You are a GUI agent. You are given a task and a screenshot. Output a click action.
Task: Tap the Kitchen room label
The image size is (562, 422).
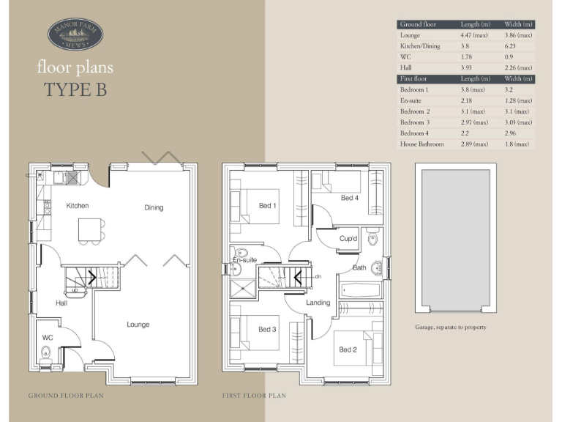click(78, 206)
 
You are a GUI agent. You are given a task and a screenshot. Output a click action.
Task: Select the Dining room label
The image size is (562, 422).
click(154, 207)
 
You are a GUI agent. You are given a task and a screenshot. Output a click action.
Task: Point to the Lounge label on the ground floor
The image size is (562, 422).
click(138, 325)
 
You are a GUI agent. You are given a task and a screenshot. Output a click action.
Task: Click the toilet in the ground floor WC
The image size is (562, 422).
click(45, 352)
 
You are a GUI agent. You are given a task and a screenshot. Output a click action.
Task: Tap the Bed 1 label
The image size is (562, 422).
click(268, 205)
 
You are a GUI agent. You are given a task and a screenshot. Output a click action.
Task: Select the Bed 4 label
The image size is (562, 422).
click(349, 199)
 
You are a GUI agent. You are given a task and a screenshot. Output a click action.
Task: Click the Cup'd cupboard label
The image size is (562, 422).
click(348, 239)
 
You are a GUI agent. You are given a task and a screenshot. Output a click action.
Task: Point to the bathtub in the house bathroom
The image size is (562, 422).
click(361, 290)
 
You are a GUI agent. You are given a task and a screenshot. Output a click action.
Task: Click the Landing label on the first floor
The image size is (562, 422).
click(318, 303)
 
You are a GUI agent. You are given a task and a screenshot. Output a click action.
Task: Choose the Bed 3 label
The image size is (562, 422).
click(267, 330)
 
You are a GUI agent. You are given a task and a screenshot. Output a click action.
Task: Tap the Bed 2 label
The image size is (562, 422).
click(348, 349)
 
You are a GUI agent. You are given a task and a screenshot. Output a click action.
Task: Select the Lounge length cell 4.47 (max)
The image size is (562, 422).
click(473, 35)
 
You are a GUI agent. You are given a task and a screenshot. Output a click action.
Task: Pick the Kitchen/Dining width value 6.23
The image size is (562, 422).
click(512, 46)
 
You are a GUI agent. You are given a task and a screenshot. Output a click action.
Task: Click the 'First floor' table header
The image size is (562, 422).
click(414, 78)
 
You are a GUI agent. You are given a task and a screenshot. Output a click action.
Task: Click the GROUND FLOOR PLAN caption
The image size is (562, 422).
click(66, 396)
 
